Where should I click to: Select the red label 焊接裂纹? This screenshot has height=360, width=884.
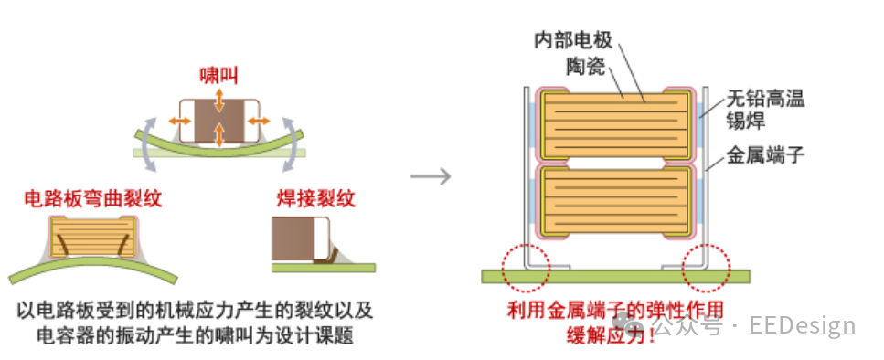314,198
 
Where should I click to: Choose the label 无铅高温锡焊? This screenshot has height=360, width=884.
765,109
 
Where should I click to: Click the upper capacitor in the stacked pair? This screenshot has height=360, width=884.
614,122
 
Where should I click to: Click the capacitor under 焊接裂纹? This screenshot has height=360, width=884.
300,239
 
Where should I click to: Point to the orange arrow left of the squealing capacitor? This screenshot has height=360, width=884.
176,121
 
